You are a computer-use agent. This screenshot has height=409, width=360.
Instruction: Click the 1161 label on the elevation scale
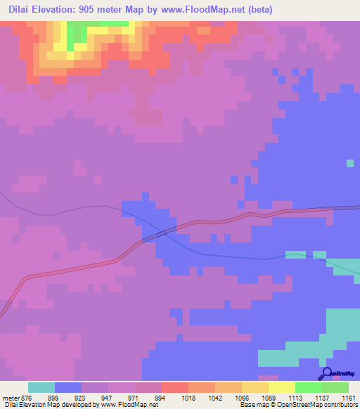tap(348, 398)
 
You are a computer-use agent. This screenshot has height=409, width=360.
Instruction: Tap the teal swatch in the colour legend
tap(41, 387)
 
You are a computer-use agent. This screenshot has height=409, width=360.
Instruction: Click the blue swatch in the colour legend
tap(67, 387)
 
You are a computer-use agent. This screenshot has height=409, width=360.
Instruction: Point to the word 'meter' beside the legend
tap(10, 398)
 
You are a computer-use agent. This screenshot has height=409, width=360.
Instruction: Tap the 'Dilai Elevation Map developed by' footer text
tap(51, 405)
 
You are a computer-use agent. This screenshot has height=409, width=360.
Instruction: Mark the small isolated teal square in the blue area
tap(350, 163)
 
